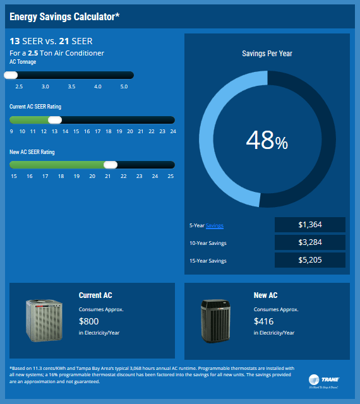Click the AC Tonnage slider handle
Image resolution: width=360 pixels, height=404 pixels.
pos(11,75)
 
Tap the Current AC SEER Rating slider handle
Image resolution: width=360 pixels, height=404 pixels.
pos(55,120)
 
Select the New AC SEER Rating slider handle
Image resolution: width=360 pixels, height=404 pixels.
pos(111,165)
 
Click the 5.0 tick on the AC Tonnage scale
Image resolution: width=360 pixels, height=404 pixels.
pos(124,86)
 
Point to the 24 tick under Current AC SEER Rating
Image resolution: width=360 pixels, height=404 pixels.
pos(172,131)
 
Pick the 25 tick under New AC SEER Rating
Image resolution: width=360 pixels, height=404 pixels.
pos(171,176)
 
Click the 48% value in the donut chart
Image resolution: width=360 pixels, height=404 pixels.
pos(267,140)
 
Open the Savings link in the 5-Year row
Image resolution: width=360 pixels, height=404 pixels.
pos(215,225)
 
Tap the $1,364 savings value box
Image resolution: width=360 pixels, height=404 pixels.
pos(310,225)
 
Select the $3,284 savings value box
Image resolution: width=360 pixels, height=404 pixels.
pos(310,242)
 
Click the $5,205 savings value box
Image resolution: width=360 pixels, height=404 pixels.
pos(310,260)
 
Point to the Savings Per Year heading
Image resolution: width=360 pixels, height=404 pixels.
pos(267,54)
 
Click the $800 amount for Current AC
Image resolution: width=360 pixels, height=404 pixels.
pos(89,321)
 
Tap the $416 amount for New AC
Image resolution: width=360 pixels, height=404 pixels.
pos(264,321)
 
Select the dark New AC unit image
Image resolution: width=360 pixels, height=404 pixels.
pos(219,320)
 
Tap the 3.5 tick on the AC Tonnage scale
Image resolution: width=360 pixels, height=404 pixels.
pos(71,86)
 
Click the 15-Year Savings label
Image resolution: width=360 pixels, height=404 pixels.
pos(208,261)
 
